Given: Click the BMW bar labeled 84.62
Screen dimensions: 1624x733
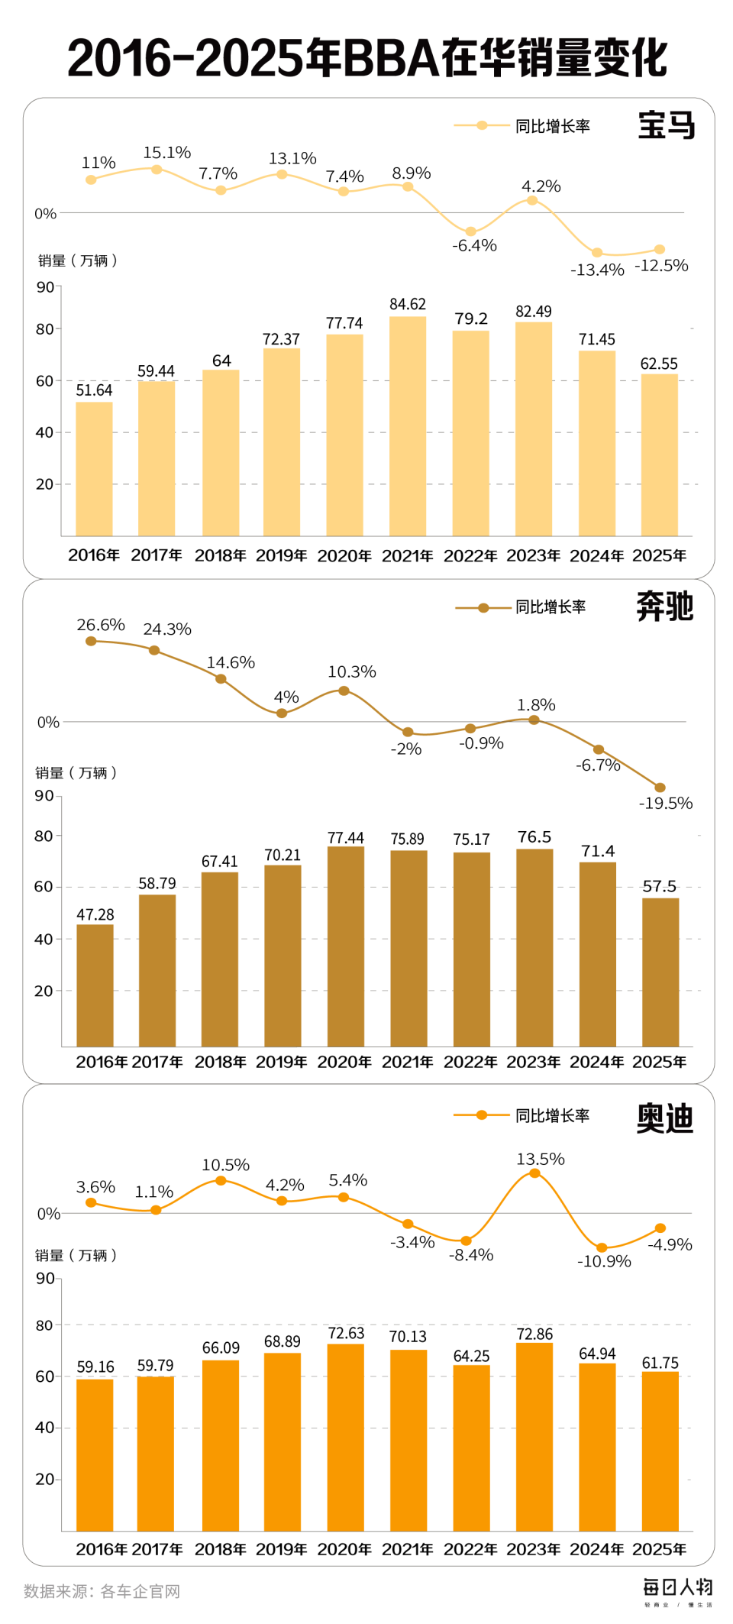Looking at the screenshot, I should tap(408, 425).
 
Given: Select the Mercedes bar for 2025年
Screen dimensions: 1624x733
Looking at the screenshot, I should tap(660, 972).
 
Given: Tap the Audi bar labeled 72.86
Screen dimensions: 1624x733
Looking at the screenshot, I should tap(534, 1436).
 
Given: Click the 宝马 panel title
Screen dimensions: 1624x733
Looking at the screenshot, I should tap(666, 125).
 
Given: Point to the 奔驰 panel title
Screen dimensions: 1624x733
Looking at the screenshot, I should tap(664, 607).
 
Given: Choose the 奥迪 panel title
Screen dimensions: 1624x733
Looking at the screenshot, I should tap(664, 1118).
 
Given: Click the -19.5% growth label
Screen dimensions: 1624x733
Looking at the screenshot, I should tap(666, 803).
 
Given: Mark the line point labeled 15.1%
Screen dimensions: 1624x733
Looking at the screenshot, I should tap(157, 169).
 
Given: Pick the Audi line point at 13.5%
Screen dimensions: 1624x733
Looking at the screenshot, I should tap(535, 1173).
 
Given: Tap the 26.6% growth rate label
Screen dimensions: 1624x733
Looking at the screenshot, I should tap(100, 625).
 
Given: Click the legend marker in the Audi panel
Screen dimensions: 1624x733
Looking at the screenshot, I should tap(482, 1115).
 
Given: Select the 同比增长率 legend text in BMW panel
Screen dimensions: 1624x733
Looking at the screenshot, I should tap(552, 126).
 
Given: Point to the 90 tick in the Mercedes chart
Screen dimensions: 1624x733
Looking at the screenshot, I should tap(44, 795).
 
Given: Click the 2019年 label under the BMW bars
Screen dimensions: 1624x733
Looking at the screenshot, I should tap(281, 555).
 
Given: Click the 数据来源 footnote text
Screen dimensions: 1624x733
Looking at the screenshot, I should tap(102, 1591).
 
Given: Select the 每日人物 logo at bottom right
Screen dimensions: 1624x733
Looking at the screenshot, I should tap(677, 1589).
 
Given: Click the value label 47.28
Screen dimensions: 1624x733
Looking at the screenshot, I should tap(95, 914).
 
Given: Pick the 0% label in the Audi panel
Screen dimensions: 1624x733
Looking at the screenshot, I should tap(48, 1214).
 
